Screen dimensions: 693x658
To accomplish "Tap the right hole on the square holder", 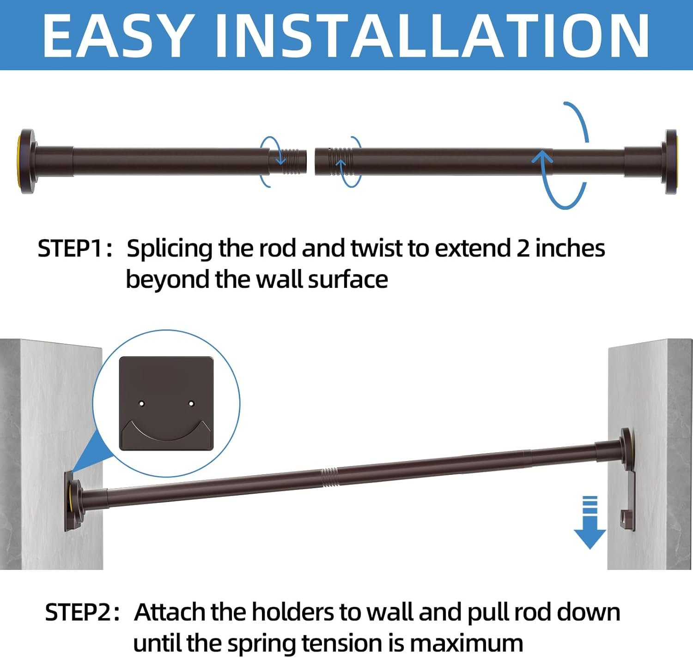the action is pos(191,404).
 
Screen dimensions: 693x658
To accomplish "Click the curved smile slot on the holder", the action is pos(166,432).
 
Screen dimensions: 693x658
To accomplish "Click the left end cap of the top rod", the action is pos(27,162).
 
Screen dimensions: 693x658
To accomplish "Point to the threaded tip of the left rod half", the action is pos(294,162).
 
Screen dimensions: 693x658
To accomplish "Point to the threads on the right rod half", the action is pos(340,162).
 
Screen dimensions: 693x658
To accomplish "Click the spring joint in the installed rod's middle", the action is pos(330,478).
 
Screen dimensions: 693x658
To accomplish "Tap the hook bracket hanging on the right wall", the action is pos(628,500).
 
